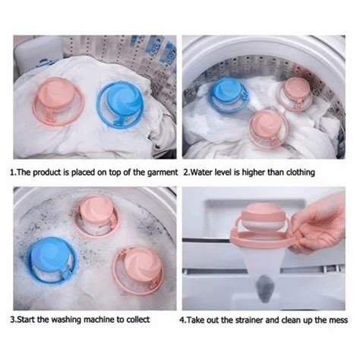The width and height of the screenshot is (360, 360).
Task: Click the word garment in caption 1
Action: pos(160,172)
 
